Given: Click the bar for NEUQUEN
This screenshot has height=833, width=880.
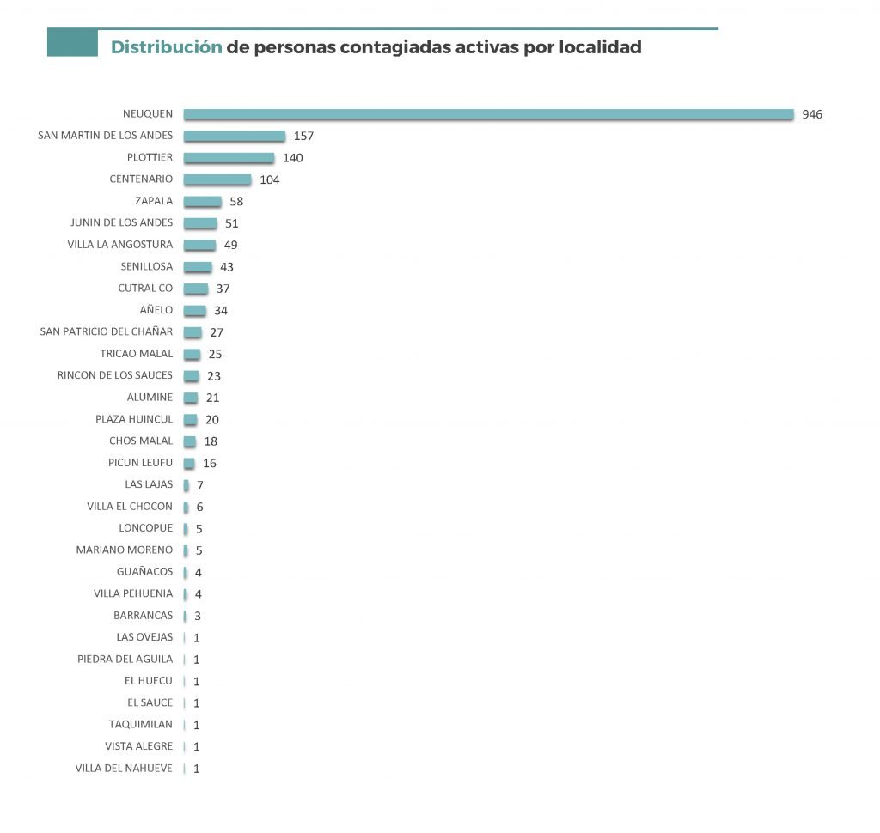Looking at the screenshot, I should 488,114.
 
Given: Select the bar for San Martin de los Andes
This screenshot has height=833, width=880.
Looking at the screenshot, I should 235,136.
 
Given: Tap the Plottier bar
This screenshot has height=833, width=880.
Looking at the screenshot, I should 229,158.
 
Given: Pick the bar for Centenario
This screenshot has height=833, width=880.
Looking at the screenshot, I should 217,179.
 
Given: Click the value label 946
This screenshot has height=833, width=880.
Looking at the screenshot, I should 812,114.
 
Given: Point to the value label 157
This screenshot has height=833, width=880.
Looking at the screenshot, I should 304,136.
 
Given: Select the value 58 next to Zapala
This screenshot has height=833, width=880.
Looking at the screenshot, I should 237,201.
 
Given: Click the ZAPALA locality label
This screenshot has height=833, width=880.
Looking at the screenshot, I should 154,201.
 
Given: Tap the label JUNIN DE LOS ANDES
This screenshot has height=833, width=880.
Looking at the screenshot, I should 121,222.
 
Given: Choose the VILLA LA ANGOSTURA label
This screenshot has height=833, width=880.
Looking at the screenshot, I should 119,245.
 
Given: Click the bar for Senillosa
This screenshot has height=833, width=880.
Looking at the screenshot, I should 198,266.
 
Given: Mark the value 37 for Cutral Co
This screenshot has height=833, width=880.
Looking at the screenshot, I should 223,289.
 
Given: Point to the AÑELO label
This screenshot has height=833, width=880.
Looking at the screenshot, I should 156,310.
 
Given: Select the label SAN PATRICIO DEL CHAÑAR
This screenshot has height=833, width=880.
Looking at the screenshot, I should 107,331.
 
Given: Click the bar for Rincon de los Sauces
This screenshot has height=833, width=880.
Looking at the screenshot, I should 191,375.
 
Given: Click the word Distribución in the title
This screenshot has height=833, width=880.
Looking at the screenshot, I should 166,47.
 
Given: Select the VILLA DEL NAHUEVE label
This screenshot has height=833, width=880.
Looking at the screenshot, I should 124,768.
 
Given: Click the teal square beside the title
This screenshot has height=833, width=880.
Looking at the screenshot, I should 72,43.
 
